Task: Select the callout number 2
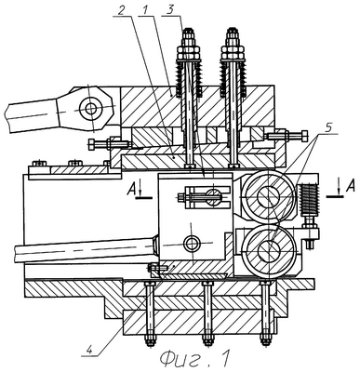122,10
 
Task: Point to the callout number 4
89,351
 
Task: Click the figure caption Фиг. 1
195,359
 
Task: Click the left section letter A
131,190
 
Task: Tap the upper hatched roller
269,197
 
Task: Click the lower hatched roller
269,250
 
